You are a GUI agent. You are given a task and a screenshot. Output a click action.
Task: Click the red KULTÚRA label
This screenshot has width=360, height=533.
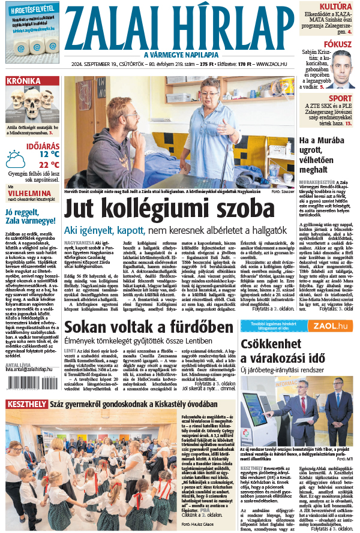point(335,7)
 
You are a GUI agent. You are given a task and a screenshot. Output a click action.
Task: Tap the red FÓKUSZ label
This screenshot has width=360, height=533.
point(338,44)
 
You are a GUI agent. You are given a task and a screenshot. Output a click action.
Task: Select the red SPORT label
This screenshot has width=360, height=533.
point(340,98)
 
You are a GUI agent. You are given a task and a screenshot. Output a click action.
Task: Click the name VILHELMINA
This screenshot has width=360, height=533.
point(31,194)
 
